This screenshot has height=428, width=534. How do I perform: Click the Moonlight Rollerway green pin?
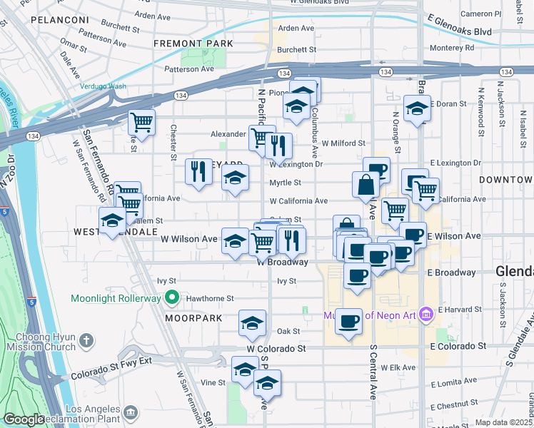171,297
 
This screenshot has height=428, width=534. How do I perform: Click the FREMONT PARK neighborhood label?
193,44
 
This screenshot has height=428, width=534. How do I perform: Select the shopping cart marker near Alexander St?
262,136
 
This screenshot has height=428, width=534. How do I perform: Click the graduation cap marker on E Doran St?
417,109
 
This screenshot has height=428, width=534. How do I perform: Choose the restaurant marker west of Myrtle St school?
198,172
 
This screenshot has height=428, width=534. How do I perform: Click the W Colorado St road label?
276,349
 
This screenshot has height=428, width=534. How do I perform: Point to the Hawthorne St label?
210,298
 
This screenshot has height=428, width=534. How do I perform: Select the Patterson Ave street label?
189,69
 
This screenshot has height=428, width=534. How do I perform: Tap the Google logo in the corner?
24,419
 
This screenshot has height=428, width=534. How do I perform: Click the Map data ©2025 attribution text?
504,422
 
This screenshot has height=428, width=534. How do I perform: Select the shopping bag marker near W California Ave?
366,185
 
